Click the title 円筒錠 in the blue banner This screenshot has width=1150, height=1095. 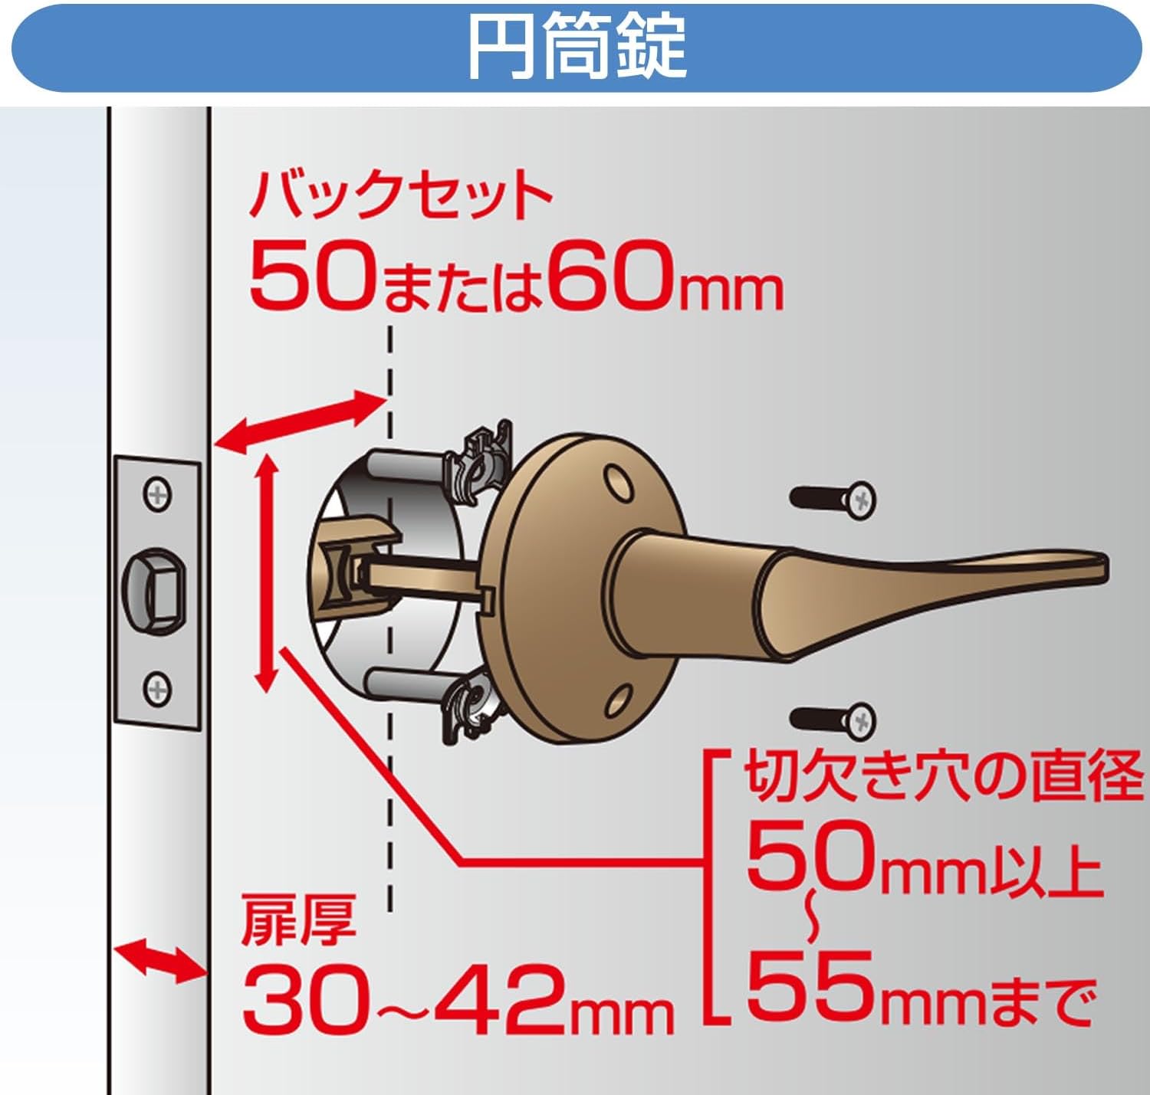[577, 46]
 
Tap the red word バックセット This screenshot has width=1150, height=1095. [400, 196]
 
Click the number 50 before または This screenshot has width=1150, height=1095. [313, 277]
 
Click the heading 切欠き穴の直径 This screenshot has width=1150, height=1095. [942, 777]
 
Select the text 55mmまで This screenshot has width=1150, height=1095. [920, 989]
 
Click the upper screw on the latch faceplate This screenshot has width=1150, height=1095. [158, 493]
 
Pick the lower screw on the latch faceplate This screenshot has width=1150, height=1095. [158, 687]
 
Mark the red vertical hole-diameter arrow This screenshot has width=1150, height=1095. [265, 571]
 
